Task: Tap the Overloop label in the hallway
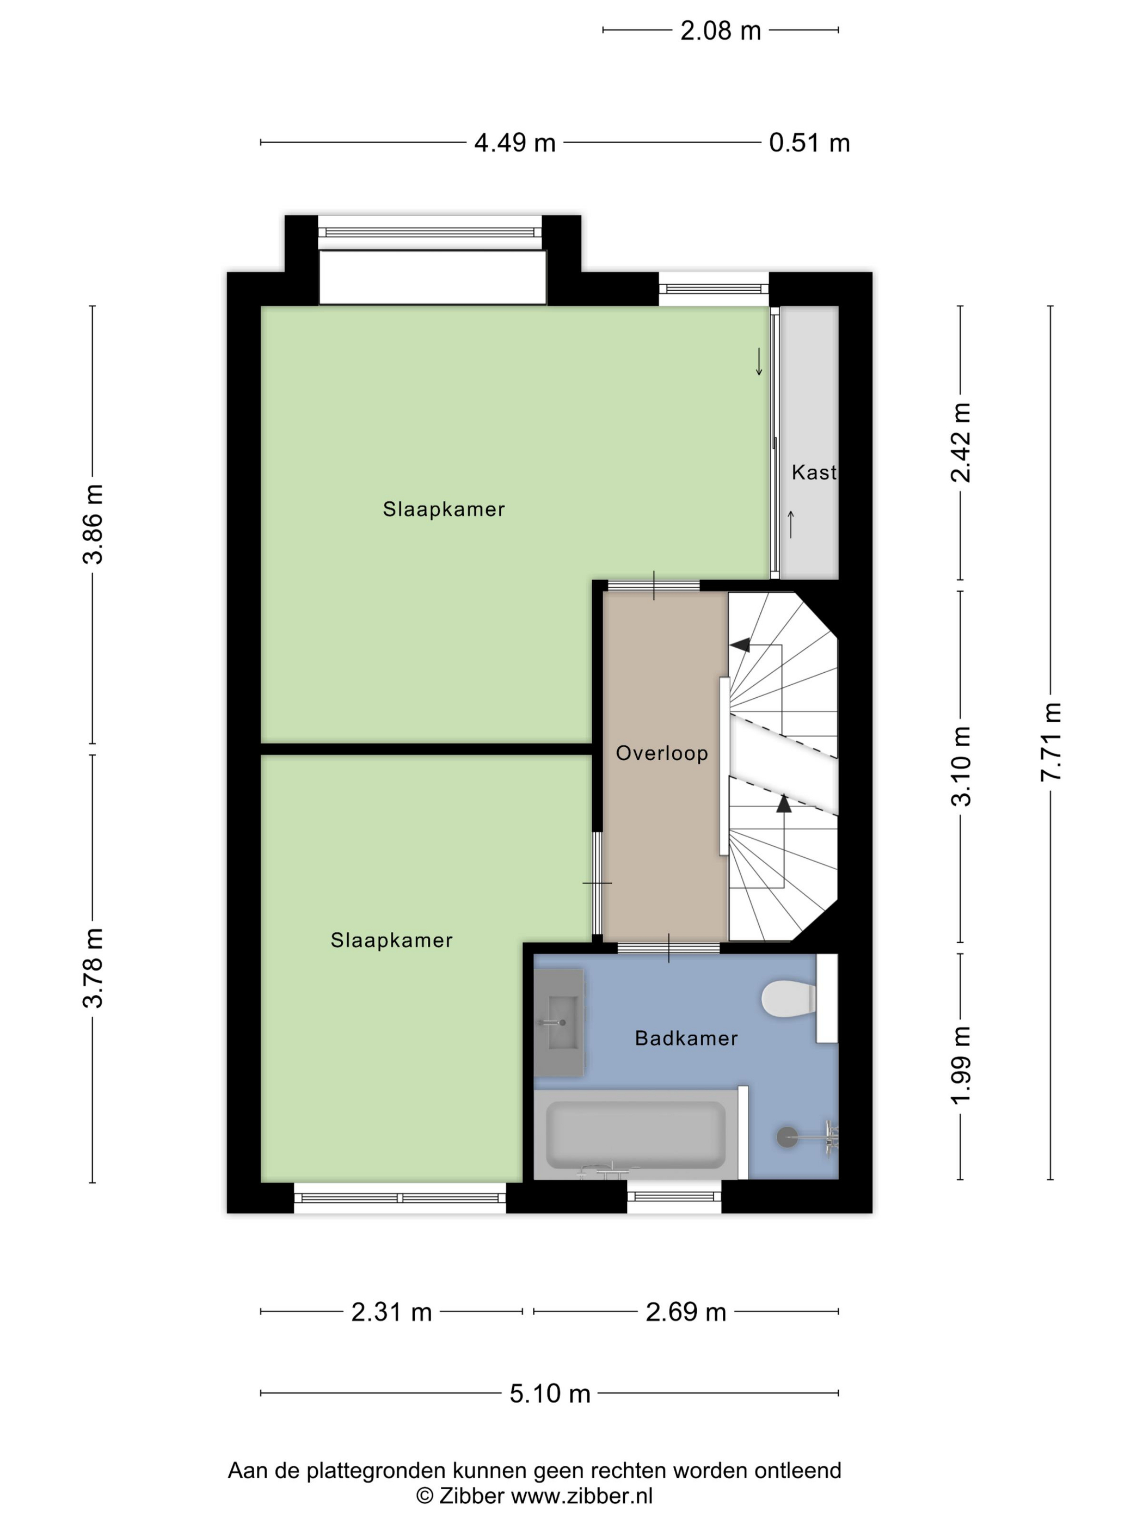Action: click(x=661, y=753)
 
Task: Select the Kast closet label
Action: click(x=814, y=472)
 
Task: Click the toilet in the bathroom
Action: click(x=788, y=998)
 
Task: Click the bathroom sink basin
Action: click(x=560, y=1022)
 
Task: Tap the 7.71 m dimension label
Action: click(x=1050, y=741)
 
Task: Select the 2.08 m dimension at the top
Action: click(x=720, y=31)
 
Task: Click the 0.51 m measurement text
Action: click(x=809, y=143)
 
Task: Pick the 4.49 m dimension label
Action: click(x=515, y=143)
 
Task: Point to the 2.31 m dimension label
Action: click(x=391, y=1311)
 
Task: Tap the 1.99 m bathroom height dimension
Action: click(x=961, y=1065)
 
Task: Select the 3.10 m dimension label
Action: click(x=961, y=765)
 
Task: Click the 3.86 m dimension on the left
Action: click(x=93, y=524)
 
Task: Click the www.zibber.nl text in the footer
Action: click(x=581, y=1495)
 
